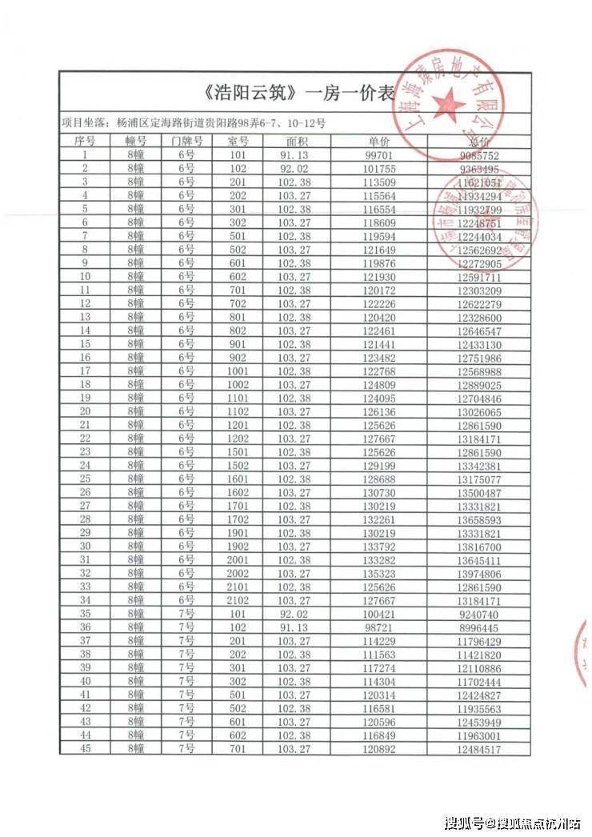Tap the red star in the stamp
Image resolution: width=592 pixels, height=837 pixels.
pos(448,102)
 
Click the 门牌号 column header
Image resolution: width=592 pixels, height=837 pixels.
pos(187,141)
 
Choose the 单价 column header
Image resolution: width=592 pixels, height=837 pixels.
pos(380,141)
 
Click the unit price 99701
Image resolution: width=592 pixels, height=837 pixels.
pos(380,154)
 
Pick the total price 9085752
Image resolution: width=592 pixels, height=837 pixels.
pos(480,155)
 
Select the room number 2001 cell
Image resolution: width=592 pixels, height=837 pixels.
pos(238,560)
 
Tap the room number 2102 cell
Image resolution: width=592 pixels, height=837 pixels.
pos(238,600)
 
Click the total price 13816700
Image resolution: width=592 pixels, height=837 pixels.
pos(481,547)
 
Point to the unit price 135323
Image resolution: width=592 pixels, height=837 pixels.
pos(380,574)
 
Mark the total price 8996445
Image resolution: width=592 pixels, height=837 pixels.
pos(481,627)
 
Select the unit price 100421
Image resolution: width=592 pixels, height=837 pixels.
pos(380,614)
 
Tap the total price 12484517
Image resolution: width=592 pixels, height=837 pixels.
pos(481,749)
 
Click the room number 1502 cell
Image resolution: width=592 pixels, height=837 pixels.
pos(238,465)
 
